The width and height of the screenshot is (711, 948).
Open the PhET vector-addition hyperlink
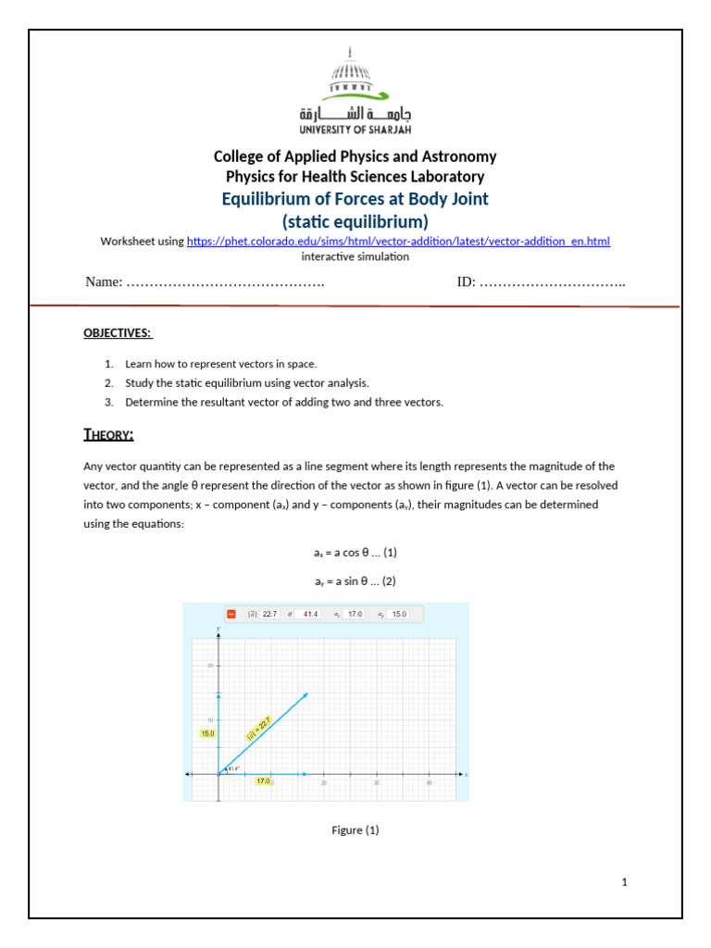pyautogui.click(x=398, y=242)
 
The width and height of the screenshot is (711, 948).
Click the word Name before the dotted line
pyautogui.click(x=103, y=281)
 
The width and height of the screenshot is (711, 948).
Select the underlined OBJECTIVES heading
pyautogui.click(x=118, y=332)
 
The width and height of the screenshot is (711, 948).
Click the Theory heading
pyautogui.click(x=109, y=434)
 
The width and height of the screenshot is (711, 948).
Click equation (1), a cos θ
pyautogui.click(x=355, y=553)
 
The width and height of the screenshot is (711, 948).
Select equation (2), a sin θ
pyautogui.click(x=355, y=581)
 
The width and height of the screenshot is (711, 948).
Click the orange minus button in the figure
pyautogui.click(x=231, y=613)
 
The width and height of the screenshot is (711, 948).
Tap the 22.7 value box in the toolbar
pyautogui.click(x=269, y=613)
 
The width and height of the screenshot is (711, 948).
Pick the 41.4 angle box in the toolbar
pyautogui.click(x=310, y=613)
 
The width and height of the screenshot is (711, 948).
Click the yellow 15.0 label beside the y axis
pyautogui.click(x=207, y=733)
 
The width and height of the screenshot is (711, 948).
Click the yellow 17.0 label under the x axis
pyautogui.click(x=264, y=781)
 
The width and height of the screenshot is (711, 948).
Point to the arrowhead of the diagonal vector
pyautogui.click(x=305, y=695)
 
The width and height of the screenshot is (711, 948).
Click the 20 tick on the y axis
pyautogui.click(x=211, y=667)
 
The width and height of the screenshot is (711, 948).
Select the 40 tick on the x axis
pyautogui.click(x=429, y=783)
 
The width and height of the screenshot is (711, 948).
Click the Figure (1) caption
pyautogui.click(x=355, y=830)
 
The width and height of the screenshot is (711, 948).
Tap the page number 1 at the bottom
pyautogui.click(x=625, y=882)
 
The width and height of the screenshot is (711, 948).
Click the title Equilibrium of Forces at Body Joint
pyautogui.click(x=355, y=199)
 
